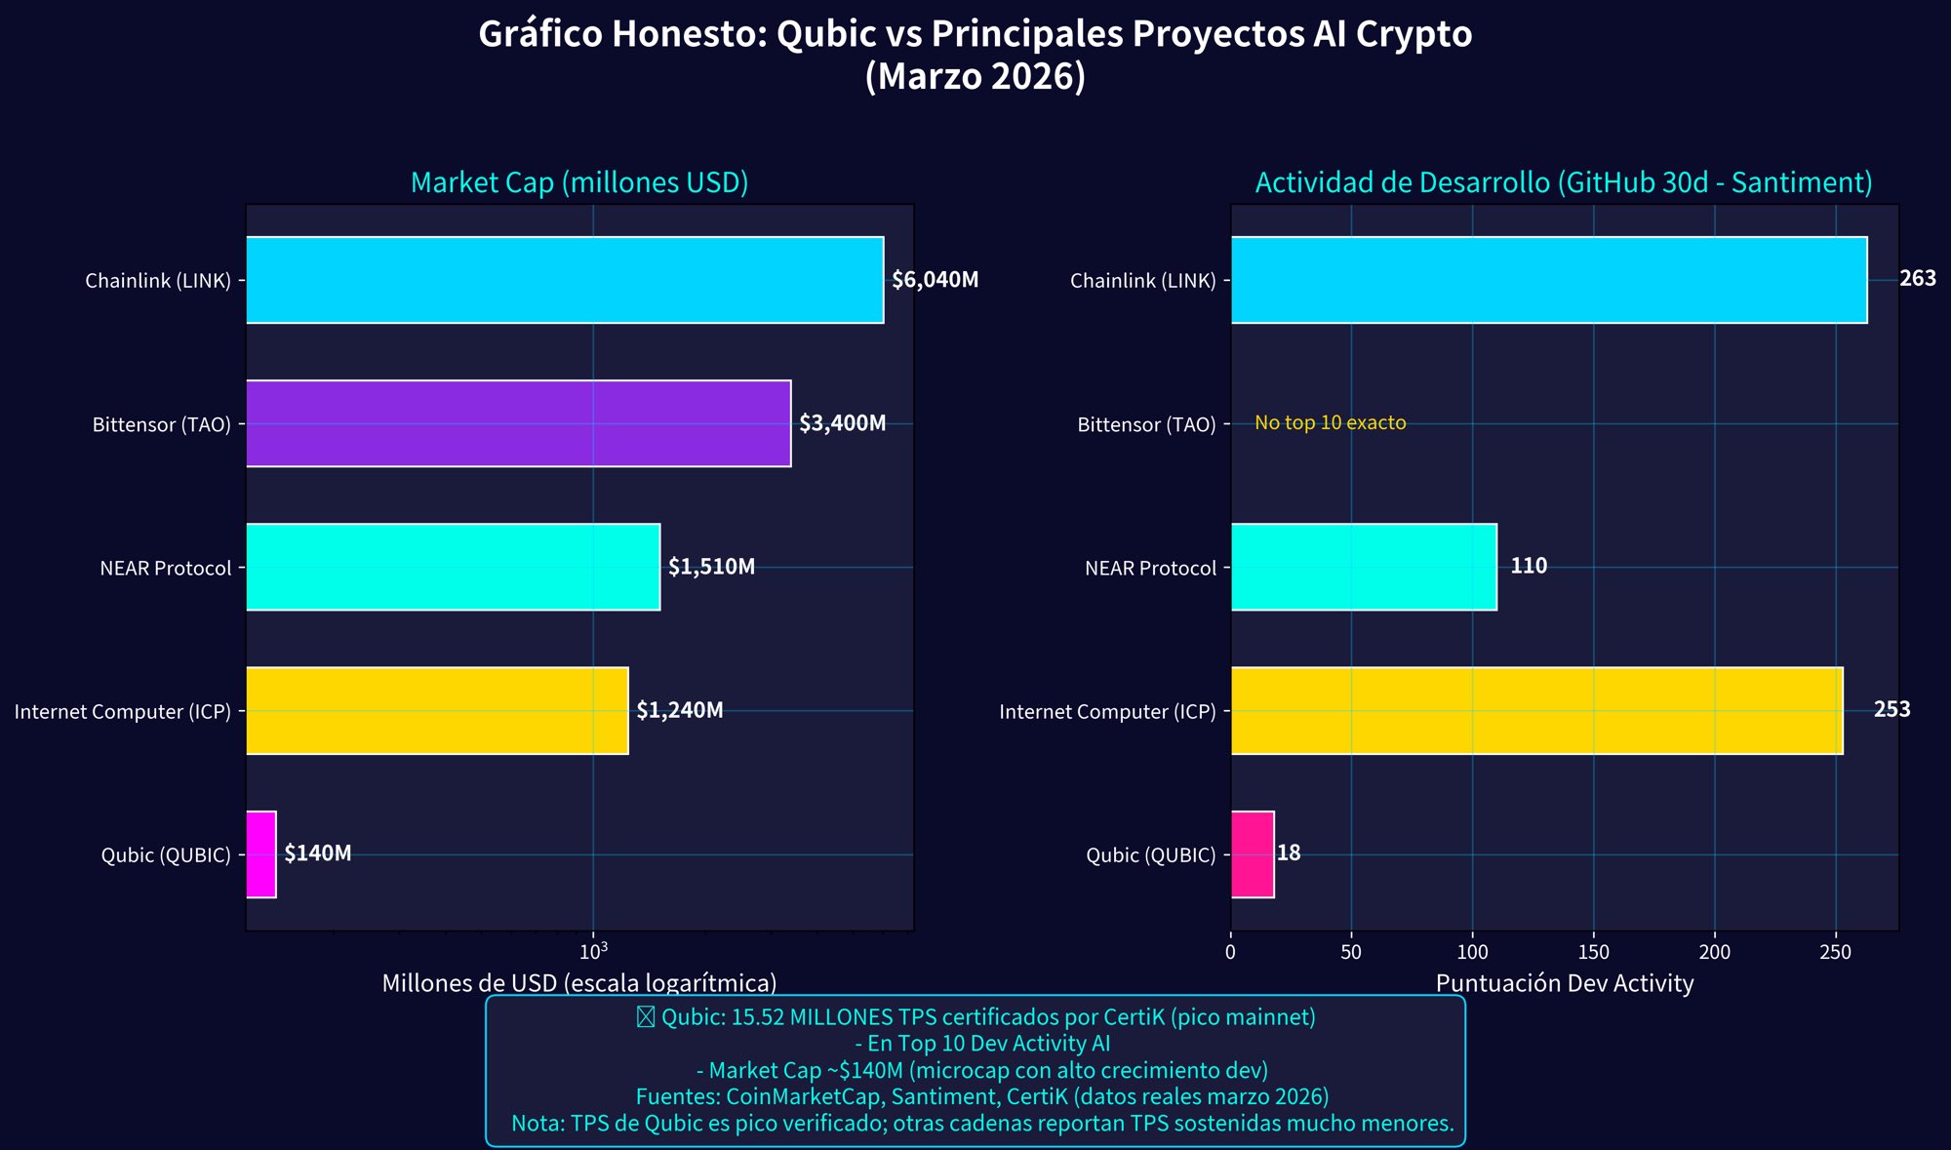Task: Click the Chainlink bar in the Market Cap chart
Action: click(564, 280)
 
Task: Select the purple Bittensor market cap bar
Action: click(518, 423)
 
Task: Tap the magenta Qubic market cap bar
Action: click(261, 854)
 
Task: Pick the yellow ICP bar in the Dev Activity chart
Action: click(1536, 711)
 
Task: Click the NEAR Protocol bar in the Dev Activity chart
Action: click(1364, 567)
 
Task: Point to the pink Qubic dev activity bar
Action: click(1253, 854)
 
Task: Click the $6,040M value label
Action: click(935, 280)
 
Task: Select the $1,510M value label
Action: click(711, 567)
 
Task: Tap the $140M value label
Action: click(318, 853)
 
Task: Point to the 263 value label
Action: click(1917, 279)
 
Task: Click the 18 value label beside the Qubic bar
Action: click(1289, 853)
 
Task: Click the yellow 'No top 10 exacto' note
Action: click(1330, 422)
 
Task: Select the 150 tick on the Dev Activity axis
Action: click(1593, 952)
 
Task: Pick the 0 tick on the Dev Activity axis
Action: click(1230, 952)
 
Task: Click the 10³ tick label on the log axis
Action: click(593, 949)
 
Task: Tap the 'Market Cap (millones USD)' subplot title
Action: click(579, 182)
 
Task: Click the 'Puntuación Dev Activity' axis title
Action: click(1564, 983)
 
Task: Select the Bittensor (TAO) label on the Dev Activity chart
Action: click(1146, 424)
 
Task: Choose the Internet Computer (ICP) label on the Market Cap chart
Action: click(123, 712)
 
